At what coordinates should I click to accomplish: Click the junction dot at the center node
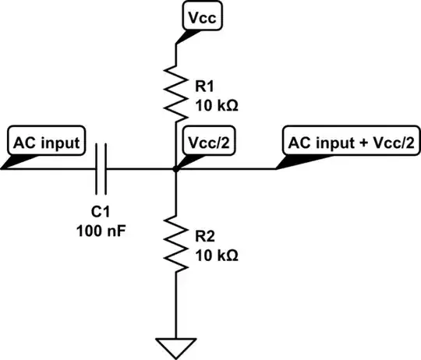click(x=175, y=168)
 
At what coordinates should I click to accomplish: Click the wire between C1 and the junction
click(x=140, y=168)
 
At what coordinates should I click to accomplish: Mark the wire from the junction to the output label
click(x=226, y=168)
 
